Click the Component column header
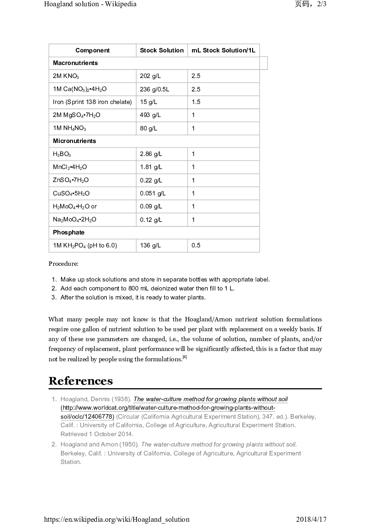pyautogui.click(x=92, y=51)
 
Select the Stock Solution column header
pyautogui.click(x=161, y=51)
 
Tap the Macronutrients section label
pyautogui.click(x=75, y=63)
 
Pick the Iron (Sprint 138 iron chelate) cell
pyautogui.click(x=92, y=102)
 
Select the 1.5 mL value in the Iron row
pyautogui.click(x=196, y=102)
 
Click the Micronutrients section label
pyautogui.click(x=74, y=141)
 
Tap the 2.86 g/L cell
pyautogui.click(x=151, y=154)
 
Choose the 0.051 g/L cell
pyautogui.click(x=153, y=194)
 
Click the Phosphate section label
pyautogui.click(x=69, y=233)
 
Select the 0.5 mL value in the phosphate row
pyautogui.click(x=196, y=246)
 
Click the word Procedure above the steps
pyautogui.click(x=63, y=264)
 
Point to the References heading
pyautogui.click(x=81, y=381)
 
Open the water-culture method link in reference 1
pyautogui.click(x=211, y=399)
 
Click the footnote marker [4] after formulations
pyautogui.click(x=184, y=357)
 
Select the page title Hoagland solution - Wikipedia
pyautogui.click(x=90, y=4)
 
